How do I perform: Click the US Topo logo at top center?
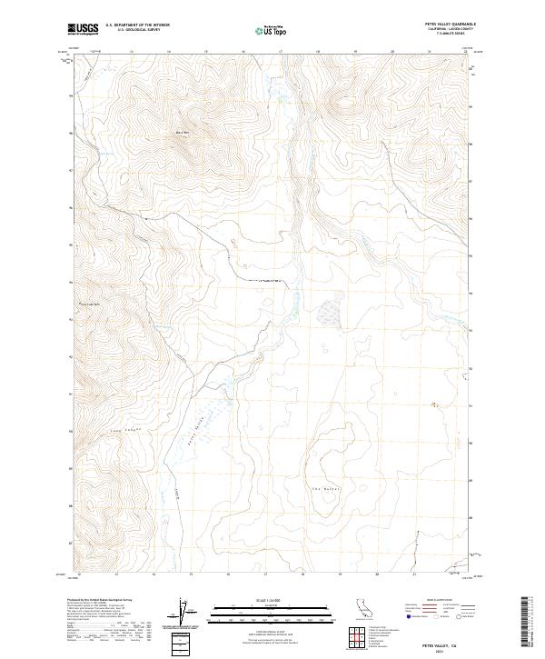coord(272,30)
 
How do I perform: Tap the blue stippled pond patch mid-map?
coord(328,312)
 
